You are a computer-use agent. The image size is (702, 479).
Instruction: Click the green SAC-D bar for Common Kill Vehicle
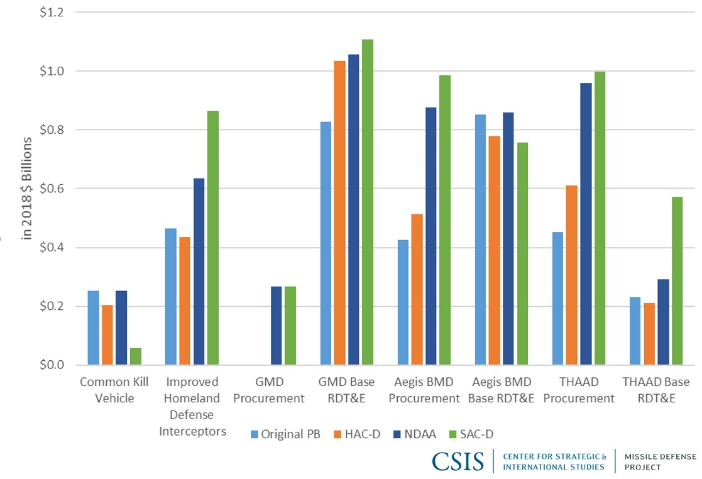pos(136,356)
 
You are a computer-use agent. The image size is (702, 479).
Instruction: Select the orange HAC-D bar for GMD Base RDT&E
pos(339,213)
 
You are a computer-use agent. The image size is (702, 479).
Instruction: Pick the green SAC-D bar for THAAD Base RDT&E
pos(677,281)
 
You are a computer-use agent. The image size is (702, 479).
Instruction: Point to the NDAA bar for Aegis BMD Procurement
pos(431,236)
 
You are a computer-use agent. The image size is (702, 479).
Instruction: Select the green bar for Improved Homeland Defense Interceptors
pos(213,238)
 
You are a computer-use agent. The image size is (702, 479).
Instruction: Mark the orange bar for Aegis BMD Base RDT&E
pos(495,251)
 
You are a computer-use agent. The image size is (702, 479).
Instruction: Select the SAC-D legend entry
pos(481,434)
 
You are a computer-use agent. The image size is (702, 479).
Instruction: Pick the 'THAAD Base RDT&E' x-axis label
pos(655,390)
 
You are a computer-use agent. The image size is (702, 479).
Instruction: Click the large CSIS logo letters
pos(458,461)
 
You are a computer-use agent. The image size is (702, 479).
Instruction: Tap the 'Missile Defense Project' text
pos(660,461)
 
